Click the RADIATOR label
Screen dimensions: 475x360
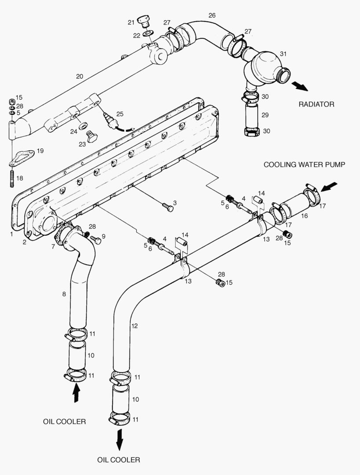tap(316, 104)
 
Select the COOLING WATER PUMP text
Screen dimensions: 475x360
tap(304, 164)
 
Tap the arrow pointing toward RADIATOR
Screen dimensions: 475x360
tap(301, 86)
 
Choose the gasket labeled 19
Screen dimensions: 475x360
tap(23, 157)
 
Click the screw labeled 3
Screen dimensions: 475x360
tap(167, 206)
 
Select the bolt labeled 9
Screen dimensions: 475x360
tap(96, 240)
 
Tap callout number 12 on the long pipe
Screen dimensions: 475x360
tap(135, 326)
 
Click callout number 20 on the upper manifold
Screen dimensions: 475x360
tap(79, 76)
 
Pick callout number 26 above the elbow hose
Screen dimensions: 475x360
tap(212, 15)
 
